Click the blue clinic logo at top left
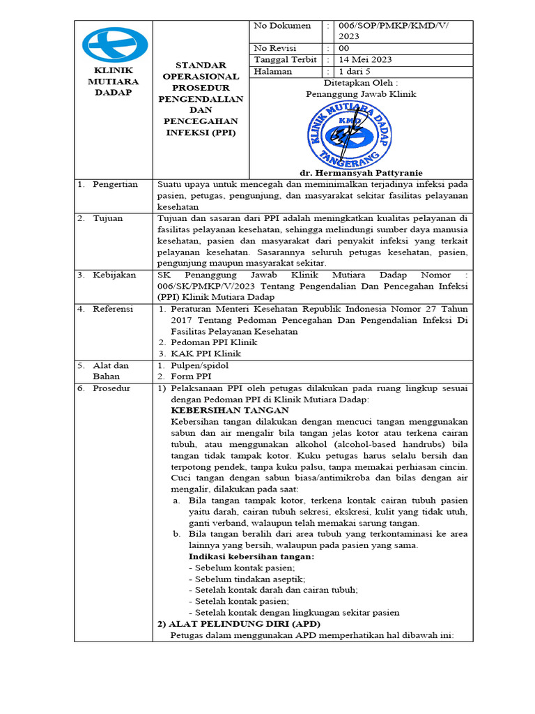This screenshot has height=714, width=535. (x=114, y=45)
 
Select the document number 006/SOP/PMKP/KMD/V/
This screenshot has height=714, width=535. (x=393, y=26)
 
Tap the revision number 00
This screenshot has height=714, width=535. (x=344, y=49)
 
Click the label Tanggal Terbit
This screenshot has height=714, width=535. (x=284, y=60)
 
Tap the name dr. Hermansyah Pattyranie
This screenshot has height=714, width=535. (x=361, y=173)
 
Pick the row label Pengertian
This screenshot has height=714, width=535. (x=116, y=185)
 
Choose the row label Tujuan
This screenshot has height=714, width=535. (x=108, y=218)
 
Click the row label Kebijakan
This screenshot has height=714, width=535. (x=114, y=275)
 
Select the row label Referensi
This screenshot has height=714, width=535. (x=113, y=309)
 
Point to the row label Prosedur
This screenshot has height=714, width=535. (x=111, y=388)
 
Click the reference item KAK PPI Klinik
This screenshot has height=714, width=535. (x=201, y=354)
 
